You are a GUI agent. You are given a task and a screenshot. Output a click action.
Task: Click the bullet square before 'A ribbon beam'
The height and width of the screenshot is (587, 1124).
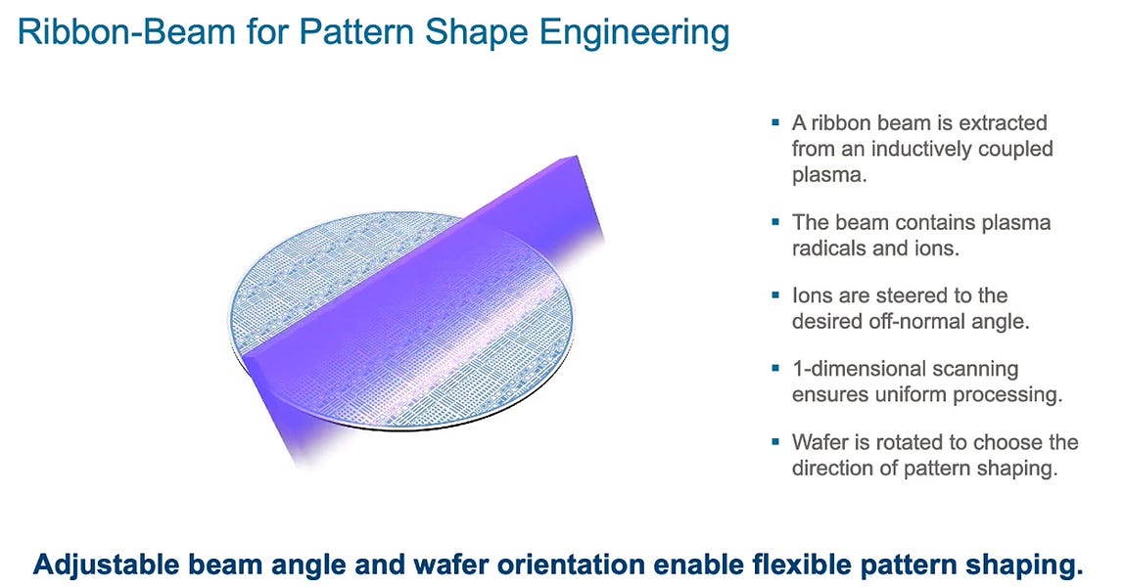(775, 123)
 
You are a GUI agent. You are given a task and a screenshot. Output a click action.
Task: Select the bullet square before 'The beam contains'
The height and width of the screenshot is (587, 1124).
(775, 223)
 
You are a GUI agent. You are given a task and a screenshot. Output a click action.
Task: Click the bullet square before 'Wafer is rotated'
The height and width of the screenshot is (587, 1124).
(775, 442)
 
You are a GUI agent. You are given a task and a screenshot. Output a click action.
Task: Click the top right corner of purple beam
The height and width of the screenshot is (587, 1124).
(584, 154)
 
